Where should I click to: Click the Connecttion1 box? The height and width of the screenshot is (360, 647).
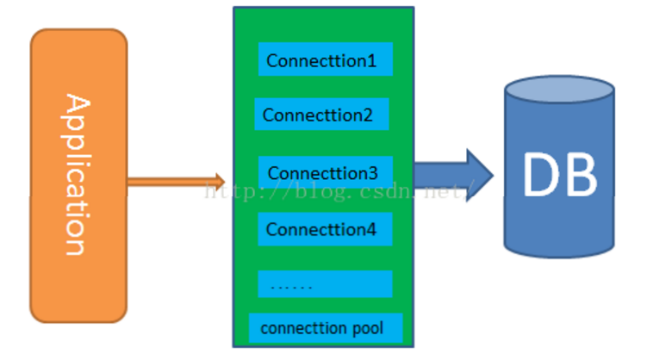point(325,59)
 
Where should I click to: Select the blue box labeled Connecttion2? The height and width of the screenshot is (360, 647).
point(321,114)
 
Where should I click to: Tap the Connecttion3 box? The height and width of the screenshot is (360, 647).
point(325,172)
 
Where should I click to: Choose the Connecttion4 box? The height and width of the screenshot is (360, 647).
point(325,229)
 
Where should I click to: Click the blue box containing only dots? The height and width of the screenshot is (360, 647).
point(325,284)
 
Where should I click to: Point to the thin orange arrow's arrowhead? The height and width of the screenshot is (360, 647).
point(219,181)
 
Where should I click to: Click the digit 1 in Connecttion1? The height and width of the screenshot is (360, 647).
point(372,60)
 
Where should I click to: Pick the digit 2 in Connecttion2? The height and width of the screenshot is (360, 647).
point(368,115)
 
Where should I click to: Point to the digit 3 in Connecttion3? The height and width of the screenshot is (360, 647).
point(373,173)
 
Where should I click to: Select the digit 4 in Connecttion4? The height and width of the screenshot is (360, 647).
point(371,230)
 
